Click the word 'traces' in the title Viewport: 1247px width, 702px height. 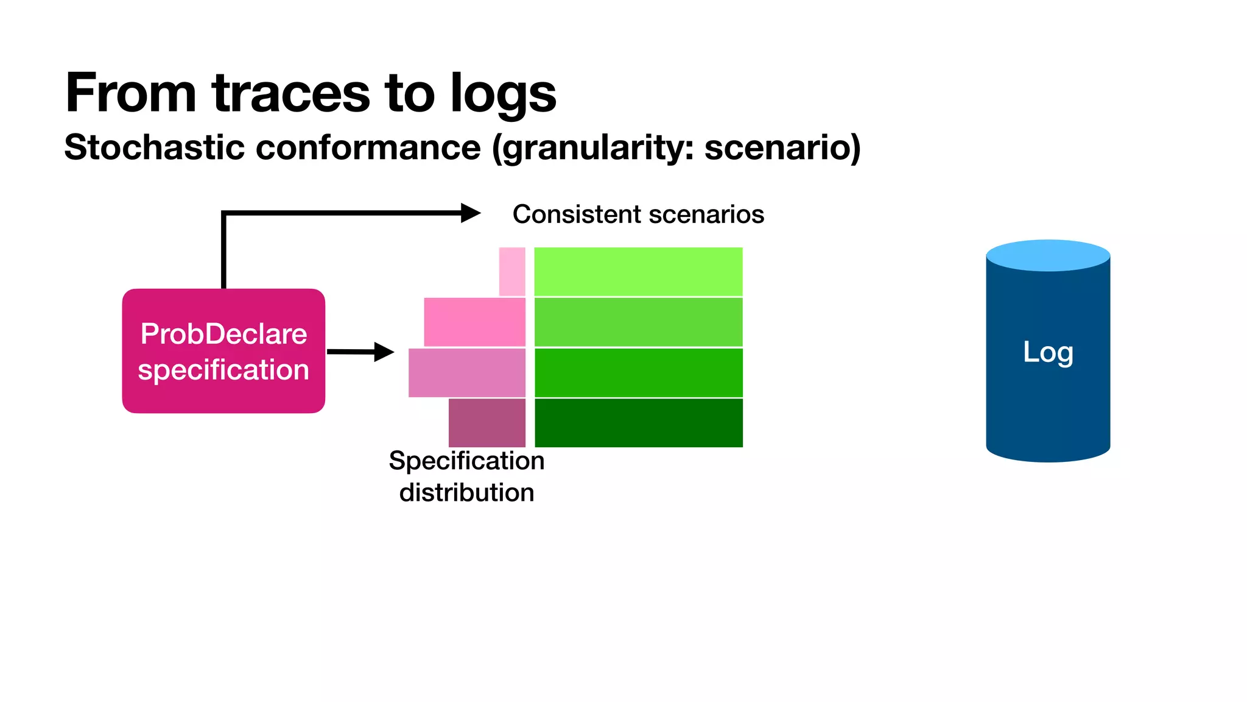coord(291,93)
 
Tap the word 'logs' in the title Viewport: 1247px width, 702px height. coord(503,93)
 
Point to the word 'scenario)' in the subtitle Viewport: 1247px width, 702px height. coord(782,147)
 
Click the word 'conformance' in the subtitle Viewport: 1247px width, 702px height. coord(368,147)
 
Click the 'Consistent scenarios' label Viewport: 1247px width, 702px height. coord(638,214)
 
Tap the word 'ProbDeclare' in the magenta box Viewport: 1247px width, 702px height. coord(223,334)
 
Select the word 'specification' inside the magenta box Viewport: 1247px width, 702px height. coord(223,370)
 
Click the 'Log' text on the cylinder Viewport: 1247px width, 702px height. coord(1047,352)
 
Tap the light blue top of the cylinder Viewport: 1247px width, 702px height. coord(1047,255)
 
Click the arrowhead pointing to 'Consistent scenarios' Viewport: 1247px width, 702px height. coord(470,213)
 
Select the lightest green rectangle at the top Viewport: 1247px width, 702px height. coord(638,272)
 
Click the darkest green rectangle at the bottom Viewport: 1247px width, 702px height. coord(638,423)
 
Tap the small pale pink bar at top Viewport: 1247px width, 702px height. coord(512,272)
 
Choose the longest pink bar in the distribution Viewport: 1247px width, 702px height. coord(466,372)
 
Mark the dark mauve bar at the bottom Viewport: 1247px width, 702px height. coord(487,423)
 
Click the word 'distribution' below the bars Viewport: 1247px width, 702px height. coord(466,492)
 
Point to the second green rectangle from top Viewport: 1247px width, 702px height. coord(638,322)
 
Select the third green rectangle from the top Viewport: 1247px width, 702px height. coord(638,372)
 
